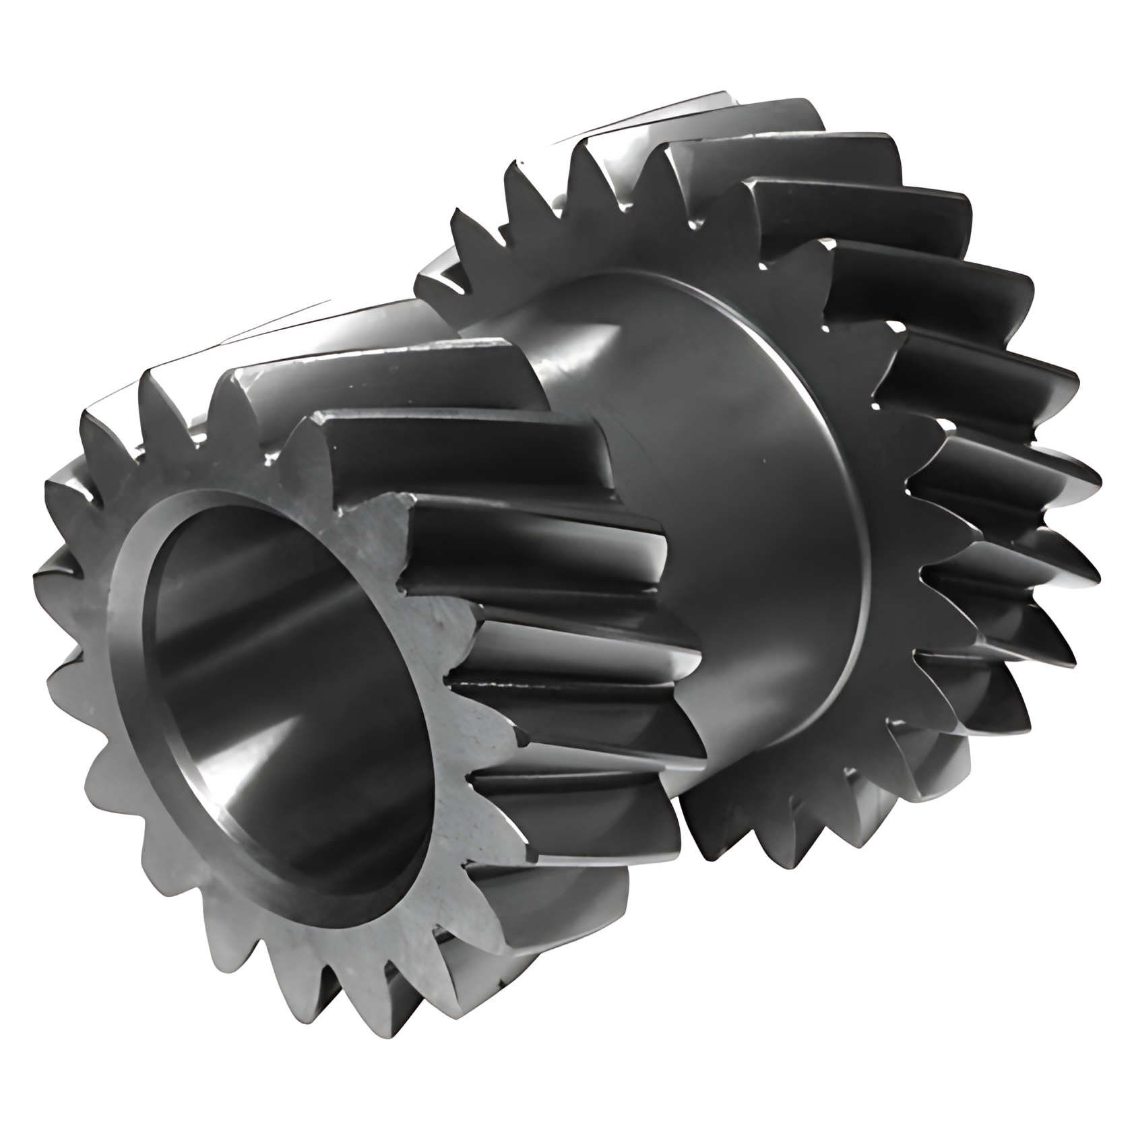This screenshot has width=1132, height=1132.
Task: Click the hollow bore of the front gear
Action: coord(283,681)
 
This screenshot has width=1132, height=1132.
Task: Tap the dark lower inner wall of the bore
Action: coord(317,795)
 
